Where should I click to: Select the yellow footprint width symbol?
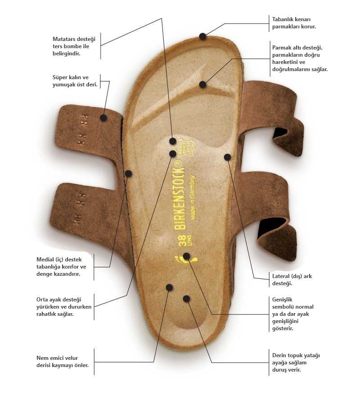(x=185, y=259)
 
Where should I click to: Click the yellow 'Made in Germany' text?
(x=193, y=197)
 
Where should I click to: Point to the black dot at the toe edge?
(x=203, y=36)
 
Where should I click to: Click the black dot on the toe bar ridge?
(x=202, y=85)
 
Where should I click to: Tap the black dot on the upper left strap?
(x=103, y=118)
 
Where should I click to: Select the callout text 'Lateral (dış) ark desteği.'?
(x=292, y=280)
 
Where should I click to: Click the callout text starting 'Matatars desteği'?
(x=74, y=46)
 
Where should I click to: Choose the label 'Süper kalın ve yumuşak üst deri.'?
(x=75, y=81)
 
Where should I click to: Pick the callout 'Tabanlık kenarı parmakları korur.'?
(x=294, y=23)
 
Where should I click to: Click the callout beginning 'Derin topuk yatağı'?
(x=296, y=363)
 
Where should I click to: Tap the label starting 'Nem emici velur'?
(x=62, y=362)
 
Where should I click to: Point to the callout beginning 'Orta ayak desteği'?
(x=63, y=307)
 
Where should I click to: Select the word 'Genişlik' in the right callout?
(x=282, y=300)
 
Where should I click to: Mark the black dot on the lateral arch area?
(x=227, y=157)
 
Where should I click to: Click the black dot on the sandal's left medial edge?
(x=128, y=174)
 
